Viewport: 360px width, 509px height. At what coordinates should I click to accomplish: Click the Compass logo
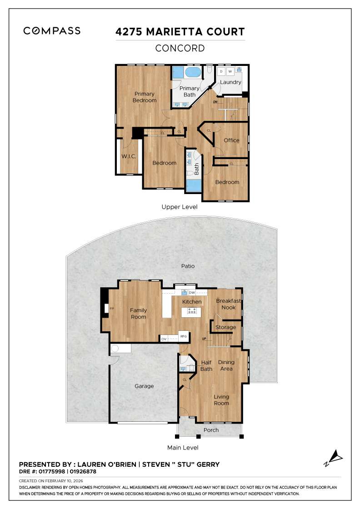coord(52,31)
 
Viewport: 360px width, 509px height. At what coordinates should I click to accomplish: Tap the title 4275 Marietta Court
coord(180,32)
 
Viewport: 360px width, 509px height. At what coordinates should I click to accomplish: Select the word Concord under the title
coord(180,48)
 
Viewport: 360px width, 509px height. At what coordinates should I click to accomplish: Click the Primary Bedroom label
coord(145,97)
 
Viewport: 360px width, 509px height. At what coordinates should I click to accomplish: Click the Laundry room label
coord(230,82)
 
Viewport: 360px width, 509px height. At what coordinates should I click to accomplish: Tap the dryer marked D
coord(221,72)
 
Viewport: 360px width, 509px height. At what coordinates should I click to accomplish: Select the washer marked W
coord(230,72)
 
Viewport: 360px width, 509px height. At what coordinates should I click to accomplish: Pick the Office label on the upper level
coord(231,140)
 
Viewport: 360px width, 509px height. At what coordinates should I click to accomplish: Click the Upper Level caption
coord(180,207)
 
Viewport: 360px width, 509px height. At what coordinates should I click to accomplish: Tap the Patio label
coord(188,266)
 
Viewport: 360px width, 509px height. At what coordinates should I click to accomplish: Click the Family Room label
coord(139,314)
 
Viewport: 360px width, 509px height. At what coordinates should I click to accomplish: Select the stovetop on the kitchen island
coord(192,312)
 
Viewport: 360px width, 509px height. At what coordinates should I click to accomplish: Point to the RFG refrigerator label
coord(184,336)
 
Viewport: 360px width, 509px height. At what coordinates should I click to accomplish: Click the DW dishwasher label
coord(192,293)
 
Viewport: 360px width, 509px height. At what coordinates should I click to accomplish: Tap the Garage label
coord(144,386)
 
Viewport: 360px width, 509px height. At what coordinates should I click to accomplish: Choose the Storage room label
coord(225,327)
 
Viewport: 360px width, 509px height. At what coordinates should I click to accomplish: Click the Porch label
coord(211,430)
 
